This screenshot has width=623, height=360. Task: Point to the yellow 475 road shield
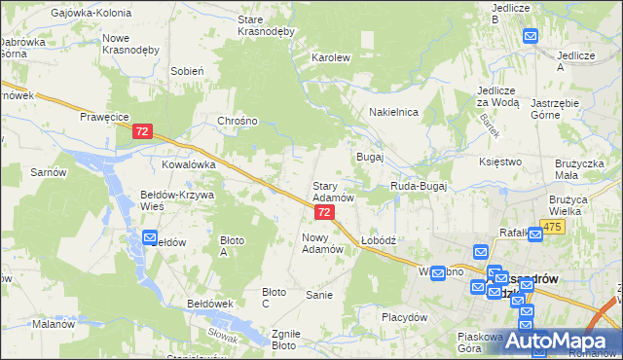tap(553, 227)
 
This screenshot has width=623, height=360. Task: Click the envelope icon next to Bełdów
tap(150, 237)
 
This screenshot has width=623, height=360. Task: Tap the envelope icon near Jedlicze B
tap(531, 36)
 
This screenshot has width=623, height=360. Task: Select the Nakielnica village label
tap(393, 112)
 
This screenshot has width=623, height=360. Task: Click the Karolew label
tap(330, 57)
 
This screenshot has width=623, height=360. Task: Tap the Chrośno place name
tap(238, 121)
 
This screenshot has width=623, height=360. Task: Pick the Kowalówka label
tap(188, 165)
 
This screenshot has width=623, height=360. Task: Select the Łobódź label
tap(377, 240)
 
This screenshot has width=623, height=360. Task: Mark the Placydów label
tap(405, 317)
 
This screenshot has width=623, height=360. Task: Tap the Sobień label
tap(186, 71)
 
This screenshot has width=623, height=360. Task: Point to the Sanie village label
tap(320, 294)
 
